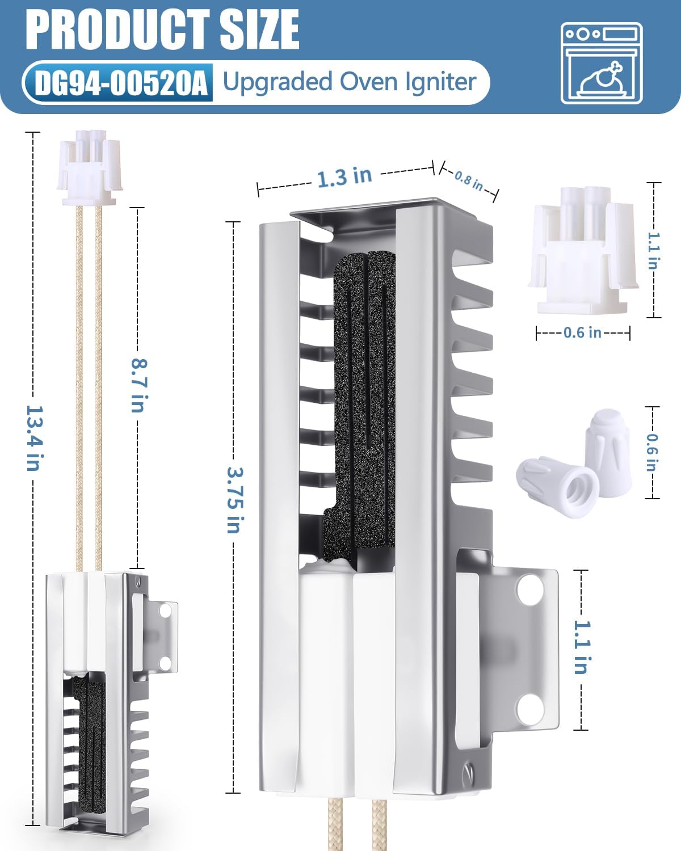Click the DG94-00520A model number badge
121,83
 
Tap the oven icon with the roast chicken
602,64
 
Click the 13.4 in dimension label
33,438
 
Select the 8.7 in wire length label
138,385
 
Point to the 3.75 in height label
235,500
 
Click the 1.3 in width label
344,178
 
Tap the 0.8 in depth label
469,181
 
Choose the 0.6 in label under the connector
582,332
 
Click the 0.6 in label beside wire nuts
652,453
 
